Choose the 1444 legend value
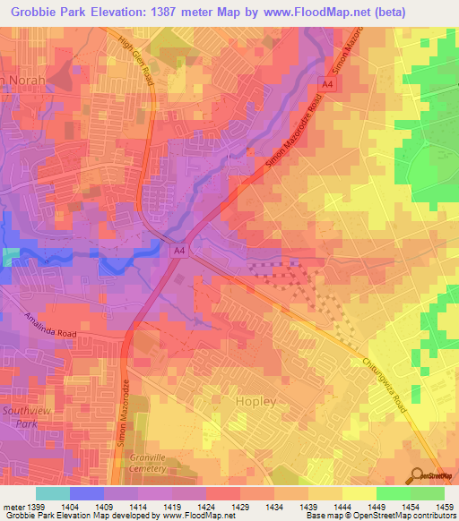342,507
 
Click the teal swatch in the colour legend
53,493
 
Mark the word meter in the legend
12,507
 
